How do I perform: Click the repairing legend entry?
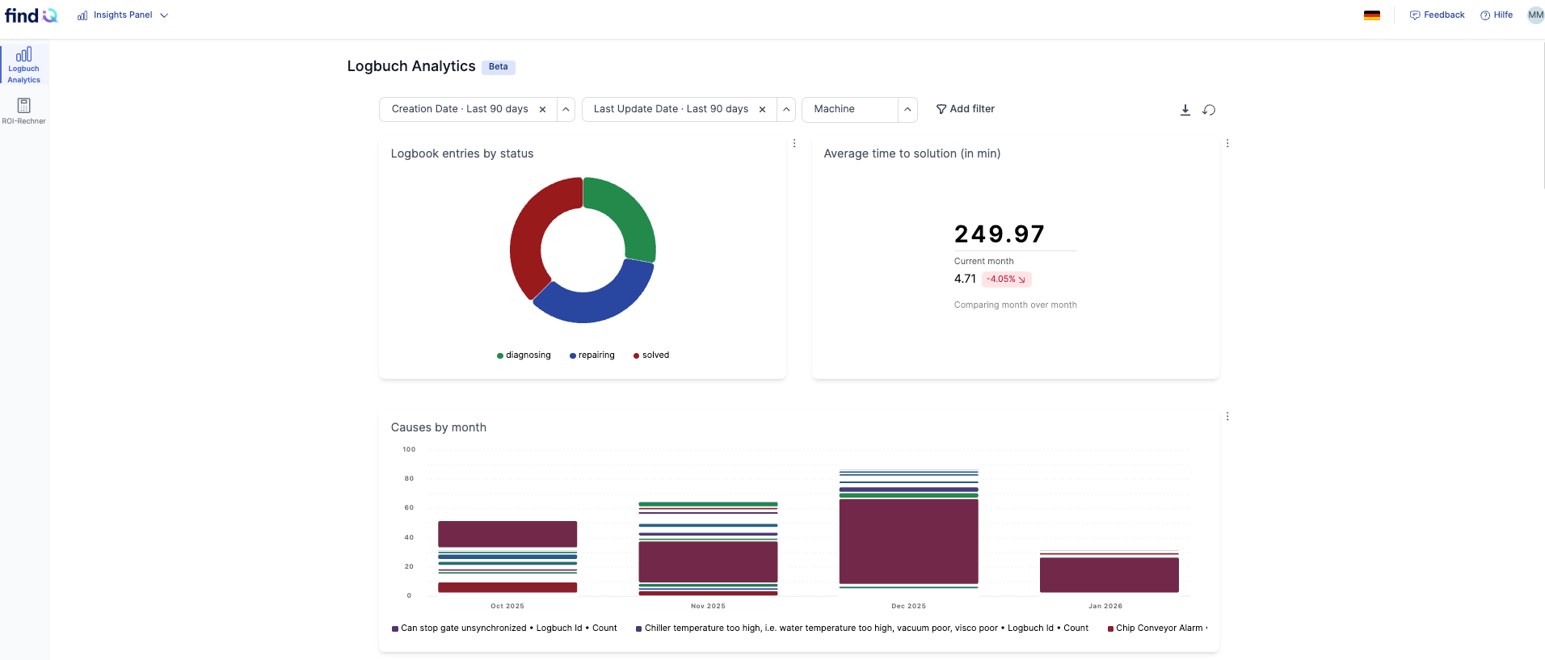592,355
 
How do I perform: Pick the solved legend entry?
651,355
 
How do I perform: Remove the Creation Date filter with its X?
542,110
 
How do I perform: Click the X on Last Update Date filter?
762,110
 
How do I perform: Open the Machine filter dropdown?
907,110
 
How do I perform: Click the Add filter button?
965,109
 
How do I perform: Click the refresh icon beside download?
1209,110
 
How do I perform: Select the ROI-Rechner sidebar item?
24,111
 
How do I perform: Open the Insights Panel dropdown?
123,15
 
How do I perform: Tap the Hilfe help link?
1497,15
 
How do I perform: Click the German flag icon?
1372,15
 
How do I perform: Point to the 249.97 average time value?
1000,234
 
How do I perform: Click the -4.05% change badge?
1006,280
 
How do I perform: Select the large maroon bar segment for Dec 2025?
908,541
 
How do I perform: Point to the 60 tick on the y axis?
409,507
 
